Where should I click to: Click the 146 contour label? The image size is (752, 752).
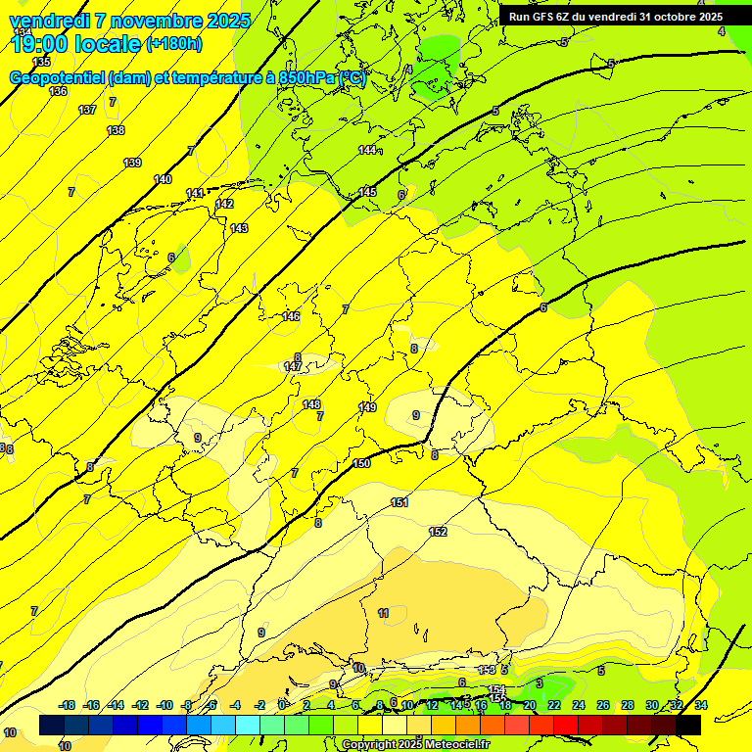pos(291,316)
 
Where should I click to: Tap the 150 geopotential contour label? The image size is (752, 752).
pos(361,463)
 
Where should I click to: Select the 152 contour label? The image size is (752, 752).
pos(438,532)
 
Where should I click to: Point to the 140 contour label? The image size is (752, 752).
pos(163,179)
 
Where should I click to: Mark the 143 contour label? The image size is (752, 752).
pos(239,228)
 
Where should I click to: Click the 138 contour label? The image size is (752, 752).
pos(116,130)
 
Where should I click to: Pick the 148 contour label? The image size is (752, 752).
pos(311,404)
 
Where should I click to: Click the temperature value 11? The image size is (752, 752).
pos(383,613)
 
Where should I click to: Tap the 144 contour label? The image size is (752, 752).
pos(367,150)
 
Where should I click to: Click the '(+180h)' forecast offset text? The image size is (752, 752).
pos(173,44)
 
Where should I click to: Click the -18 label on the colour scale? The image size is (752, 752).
pos(67,705)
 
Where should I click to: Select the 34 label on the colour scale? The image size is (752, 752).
pos(701,705)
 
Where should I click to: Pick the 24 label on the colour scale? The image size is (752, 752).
pos(579,705)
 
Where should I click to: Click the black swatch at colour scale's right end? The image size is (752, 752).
pos(688,725)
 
